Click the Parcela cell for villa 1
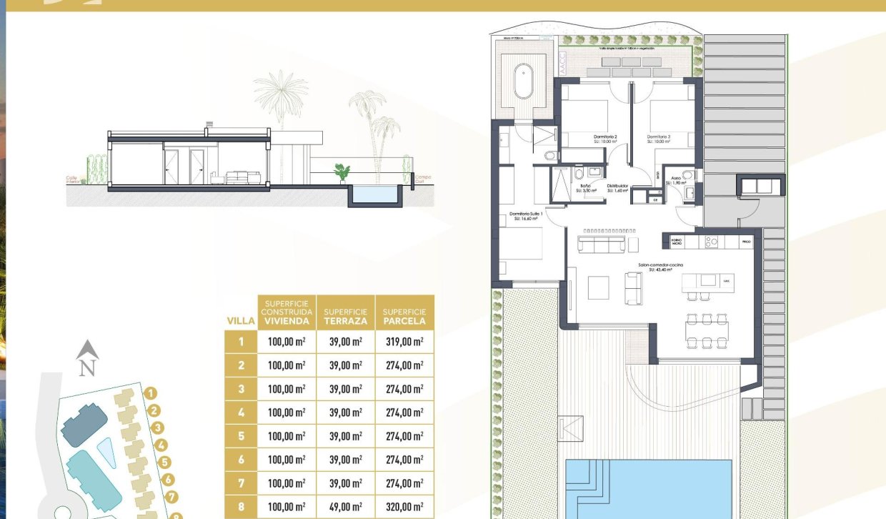tap(404, 342)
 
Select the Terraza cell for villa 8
tap(345, 507)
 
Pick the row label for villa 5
tap(242, 436)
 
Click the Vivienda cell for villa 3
tap(286, 389)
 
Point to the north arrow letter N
tap(87, 369)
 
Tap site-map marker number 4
tap(161, 445)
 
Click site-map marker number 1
tap(150, 392)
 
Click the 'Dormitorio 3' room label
tap(660, 137)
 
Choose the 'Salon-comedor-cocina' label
tap(661, 265)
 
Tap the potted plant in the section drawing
tap(342, 172)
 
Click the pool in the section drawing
tap(374, 193)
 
